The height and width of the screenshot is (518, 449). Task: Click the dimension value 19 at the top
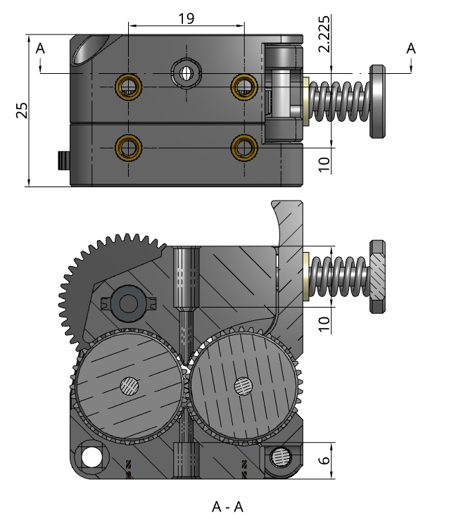tap(186, 18)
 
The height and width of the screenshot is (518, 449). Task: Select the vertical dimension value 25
tap(22, 110)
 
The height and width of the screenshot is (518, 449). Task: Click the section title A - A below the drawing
tap(228, 506)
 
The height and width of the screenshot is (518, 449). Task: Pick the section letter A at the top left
tap(40, 49)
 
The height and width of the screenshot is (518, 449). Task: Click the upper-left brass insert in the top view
tap(128, 85)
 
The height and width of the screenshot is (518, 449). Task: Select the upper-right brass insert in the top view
tap(244, 85)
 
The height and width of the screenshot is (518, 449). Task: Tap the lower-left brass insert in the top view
tap(128, 147)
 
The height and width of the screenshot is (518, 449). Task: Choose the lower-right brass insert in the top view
tap(244, 147)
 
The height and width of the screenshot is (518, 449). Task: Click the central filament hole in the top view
tap(186, 72)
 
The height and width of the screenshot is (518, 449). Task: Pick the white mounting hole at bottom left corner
tap(91, 457)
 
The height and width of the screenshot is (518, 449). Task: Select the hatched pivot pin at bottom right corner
tap(281, 457)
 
